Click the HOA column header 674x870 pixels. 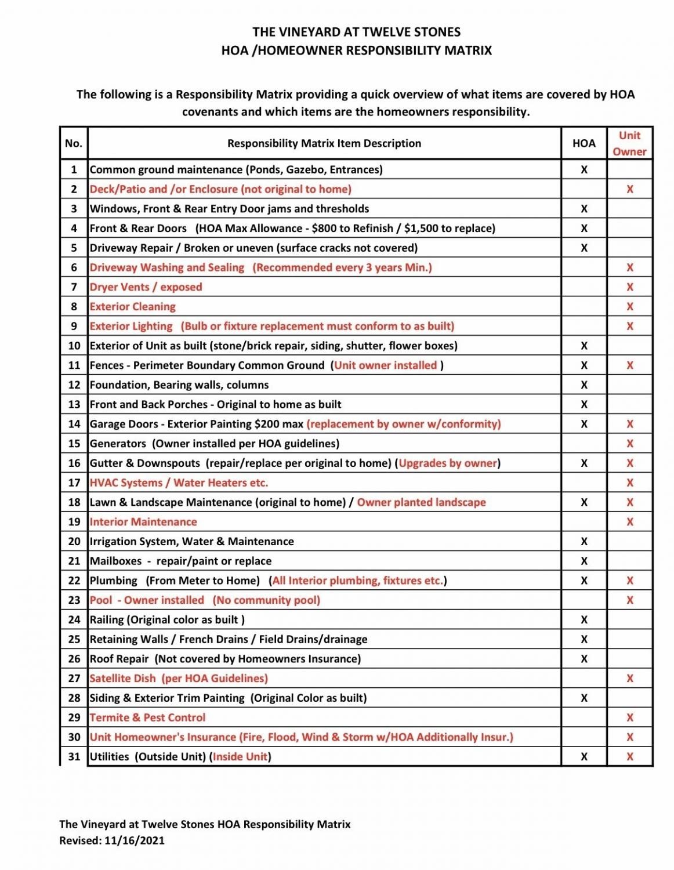tap(584, 143)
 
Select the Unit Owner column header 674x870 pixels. tap(629, 143)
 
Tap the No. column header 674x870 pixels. tap(74, 143)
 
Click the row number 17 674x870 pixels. tap(74, 483)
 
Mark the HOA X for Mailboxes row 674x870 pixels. tap(584, 561)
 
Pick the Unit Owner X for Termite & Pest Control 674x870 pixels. tap(630, 717)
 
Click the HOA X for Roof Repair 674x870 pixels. tap(584, 659)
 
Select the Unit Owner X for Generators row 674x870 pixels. tap(630, 444)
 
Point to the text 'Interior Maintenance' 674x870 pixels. tap(143, 521)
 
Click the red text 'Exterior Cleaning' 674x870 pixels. tap(132, 306)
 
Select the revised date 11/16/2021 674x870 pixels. tap(135, 840)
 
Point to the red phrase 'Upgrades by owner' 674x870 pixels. tap(448, 463)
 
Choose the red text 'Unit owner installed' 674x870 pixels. tap(385, 365)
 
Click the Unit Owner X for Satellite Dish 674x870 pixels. tap(630, 679)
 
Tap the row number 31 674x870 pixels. tap(74, 756)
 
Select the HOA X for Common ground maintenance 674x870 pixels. tap(584, 169)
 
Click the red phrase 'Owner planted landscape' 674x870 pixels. tap(421, 502)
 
